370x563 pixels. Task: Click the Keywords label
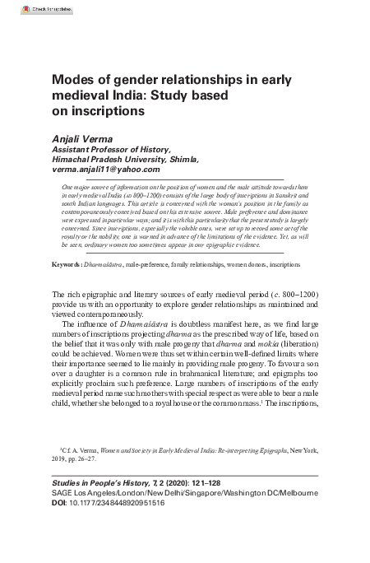65,243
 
